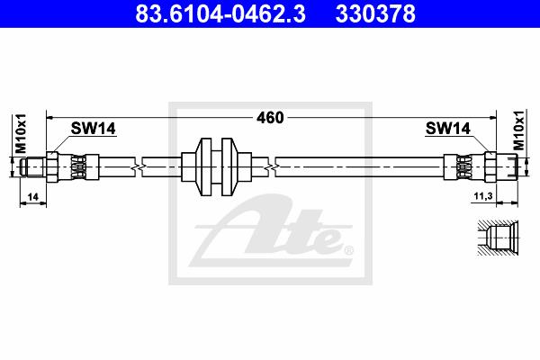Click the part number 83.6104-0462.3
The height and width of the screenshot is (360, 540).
click(x=220, y=13)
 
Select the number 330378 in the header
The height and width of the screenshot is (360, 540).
click(x=375, y=13)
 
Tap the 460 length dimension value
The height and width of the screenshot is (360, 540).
click(x=270, y=118)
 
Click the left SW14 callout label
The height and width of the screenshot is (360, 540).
click(x=94, y=129)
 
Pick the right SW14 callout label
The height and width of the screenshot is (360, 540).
click(x=447, y=129)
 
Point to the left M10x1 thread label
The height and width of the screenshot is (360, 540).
click(x=21, y=133)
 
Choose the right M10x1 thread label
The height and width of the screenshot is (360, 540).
click(x=518, y=130)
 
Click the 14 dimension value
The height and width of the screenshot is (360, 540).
click(x=33, y=197)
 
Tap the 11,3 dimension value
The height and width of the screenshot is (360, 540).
click(x=483, y=196)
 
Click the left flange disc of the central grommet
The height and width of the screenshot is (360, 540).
click(x=205, y=167)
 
